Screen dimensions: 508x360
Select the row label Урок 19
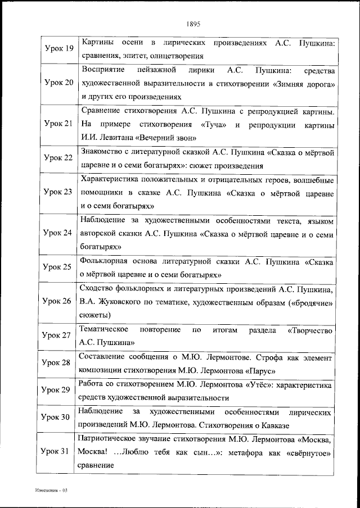tap(59, 49)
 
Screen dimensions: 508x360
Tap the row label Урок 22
tap(59, 158)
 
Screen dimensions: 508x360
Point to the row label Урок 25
tap(59, 267)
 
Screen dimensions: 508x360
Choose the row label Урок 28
tap(59, 363)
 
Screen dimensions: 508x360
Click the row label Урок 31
tap(59, 452)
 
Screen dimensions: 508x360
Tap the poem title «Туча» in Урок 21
tap(211, 124)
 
